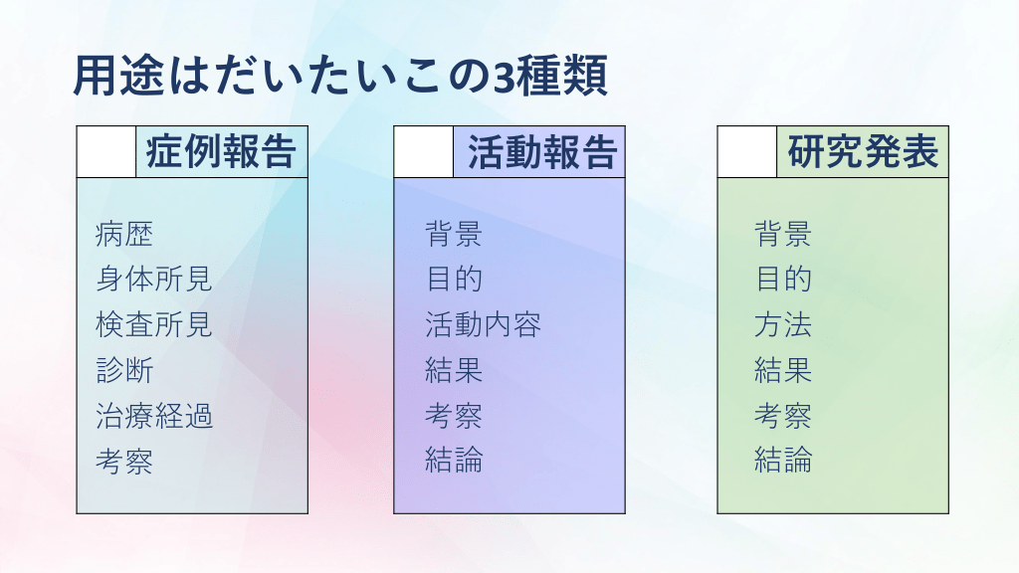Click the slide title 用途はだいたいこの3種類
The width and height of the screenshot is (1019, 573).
click(340, 76)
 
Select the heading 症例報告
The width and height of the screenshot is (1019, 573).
click(221, 152)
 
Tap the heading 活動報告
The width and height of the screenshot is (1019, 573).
click(542, 152)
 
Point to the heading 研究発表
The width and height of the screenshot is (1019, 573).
click(863, 152)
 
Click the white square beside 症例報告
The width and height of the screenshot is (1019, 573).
click(106, 152)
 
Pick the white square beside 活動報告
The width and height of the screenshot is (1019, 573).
click(424, 152)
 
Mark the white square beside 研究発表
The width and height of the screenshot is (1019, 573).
click(747, 152)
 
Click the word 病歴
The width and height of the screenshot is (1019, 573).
click(124, 234)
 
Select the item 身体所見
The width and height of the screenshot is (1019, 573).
click(154, 280)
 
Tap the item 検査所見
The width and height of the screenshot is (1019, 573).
click(154, 325)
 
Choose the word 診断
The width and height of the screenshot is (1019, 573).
click(124, 370)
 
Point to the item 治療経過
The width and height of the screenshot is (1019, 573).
click(154, 416)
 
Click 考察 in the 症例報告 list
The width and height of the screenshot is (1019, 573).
click(124, 462)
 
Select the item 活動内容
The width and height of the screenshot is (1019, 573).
click(483, 325)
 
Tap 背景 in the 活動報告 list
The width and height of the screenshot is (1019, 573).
click(454, 234)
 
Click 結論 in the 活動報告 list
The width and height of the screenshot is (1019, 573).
click(454, 460)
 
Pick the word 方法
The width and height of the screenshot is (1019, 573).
click(783, 325)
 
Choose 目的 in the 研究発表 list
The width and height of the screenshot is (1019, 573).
click(783, 280)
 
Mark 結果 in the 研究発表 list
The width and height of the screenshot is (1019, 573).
click(783, 370)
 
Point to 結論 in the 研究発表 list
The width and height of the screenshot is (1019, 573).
click(783, 460)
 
